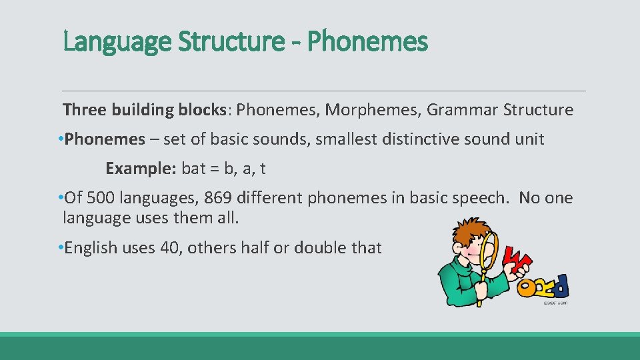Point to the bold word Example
139,169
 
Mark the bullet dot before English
60,248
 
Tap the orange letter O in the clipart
527,287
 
